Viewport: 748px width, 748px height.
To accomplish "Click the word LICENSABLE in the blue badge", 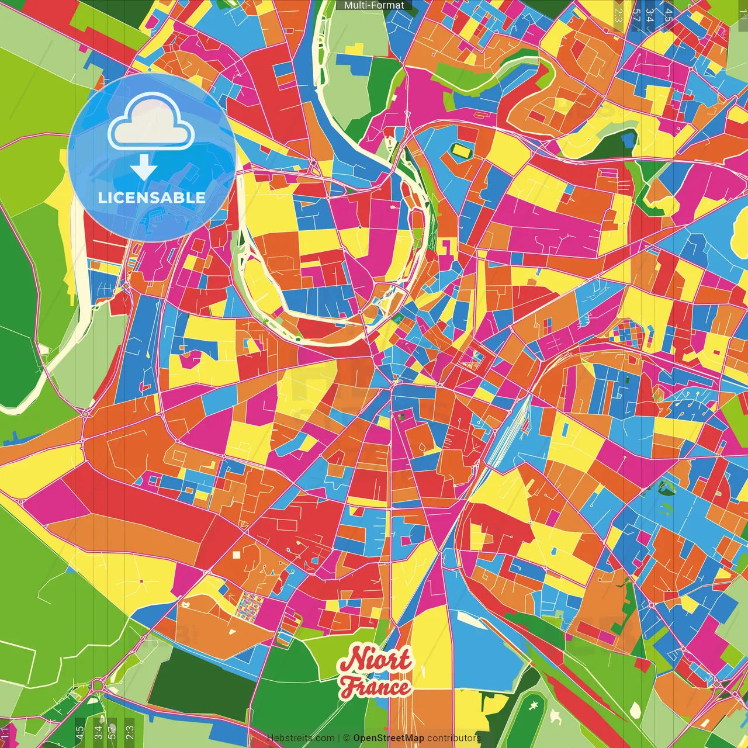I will click(151, 198).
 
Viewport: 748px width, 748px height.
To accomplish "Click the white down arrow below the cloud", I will click(144, 168).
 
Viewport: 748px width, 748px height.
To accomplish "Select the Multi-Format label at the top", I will click(374, 5).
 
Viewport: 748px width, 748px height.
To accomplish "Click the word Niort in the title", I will click(376, 661).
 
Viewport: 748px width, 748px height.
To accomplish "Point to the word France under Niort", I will click(376, 687).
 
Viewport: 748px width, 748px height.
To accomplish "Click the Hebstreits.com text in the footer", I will click(300, 738).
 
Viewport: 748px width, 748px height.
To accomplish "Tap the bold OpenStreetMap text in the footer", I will click(389, 738).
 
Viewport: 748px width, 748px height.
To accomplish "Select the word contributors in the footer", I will click(454, 738).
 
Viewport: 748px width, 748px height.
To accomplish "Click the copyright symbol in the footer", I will click(347, 738).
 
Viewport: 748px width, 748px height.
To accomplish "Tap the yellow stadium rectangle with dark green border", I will click(461, 150).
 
